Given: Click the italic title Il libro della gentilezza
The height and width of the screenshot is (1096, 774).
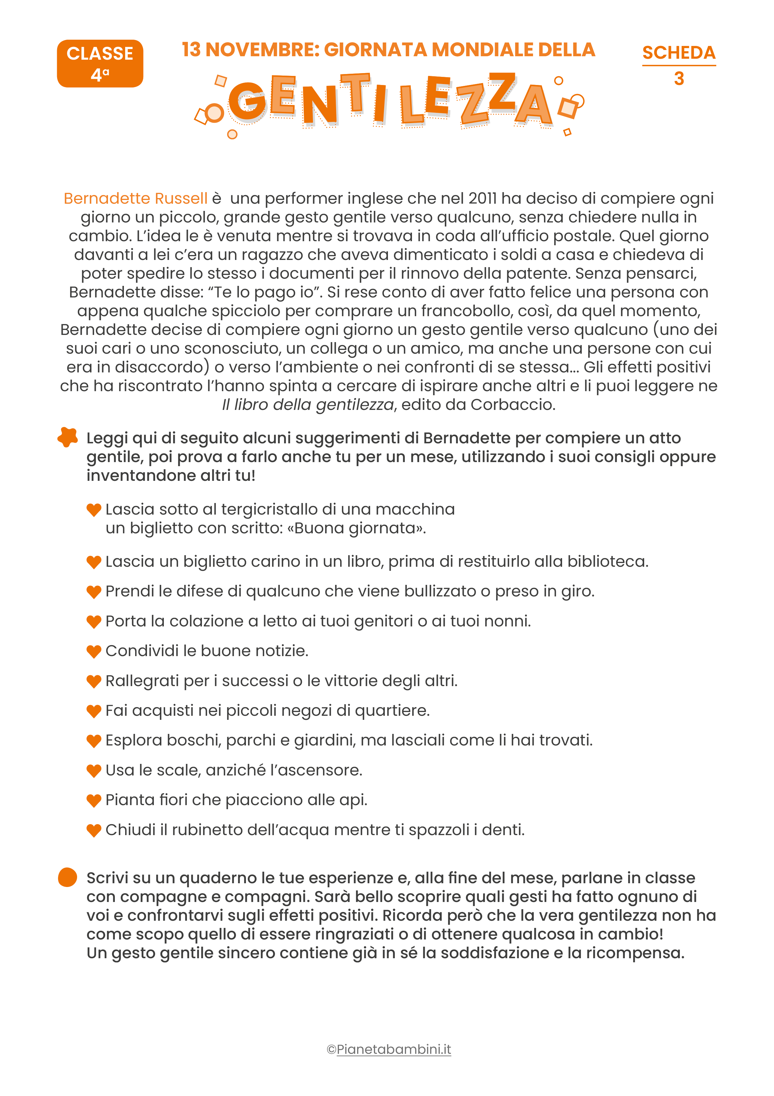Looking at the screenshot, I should coord(308,405).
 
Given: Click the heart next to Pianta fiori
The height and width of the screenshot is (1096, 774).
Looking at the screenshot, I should coord(94,800).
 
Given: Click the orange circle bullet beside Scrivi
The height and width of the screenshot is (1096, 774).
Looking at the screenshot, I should coord(67,877).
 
